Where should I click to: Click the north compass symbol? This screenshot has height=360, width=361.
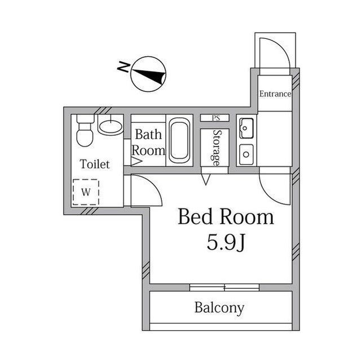pyautogui.click(x=149, y=73)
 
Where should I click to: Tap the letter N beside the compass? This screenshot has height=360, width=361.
pyautogui.click(x=123, y=68)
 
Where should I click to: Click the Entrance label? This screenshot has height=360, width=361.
pyautogui.click(x=275, y=94)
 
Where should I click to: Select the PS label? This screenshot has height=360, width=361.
pyautogui.click(x=215, y=118)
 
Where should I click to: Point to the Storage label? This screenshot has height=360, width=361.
pyautogui.click(x=215, y=148)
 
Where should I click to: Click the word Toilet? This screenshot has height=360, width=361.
pyautogui.click(x=94, y=165)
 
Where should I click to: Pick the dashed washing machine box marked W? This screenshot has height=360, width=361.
pyautogui.click(x=86, y=192)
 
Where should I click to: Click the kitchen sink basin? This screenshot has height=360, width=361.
pyautogui.click(x=246, y=131)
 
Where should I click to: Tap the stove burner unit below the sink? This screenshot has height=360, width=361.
pyautogui.click(x=246, y=153)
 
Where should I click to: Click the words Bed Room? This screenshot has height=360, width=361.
pyautogui.click(x=226, y=217)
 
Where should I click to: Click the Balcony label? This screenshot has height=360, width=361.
pyautogui.click(x=219, y=308)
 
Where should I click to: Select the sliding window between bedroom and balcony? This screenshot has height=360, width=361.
pyautogui.click(x=224, y=287)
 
